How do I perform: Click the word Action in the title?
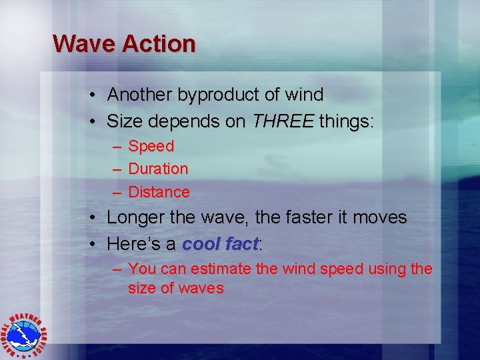click(158, 44)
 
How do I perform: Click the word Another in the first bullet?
click(140, 95)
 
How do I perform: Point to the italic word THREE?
click(283, 122)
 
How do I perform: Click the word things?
click(347, 122)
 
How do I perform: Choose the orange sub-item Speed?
click(151, 146)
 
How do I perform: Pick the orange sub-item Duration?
click(158, 169)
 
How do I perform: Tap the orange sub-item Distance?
click(159, 193)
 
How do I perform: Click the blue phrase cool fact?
click(220, 245)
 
